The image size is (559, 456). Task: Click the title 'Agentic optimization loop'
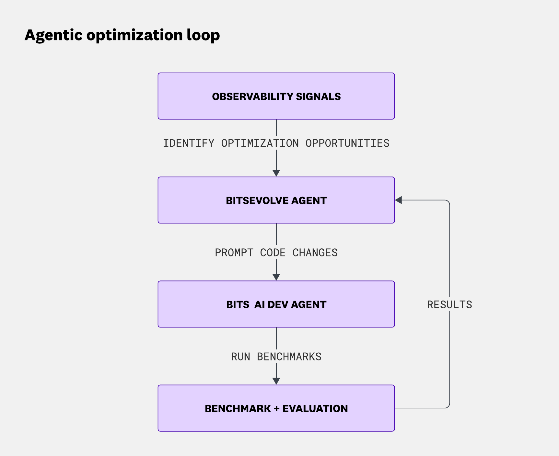[122, 35]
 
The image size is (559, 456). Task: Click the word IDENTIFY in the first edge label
[188, 143]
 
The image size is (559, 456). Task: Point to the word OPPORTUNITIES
[347, 143]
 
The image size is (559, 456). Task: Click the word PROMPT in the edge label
[234, 253]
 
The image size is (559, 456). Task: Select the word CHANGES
[315, 253]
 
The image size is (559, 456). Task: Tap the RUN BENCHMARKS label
[276, 357]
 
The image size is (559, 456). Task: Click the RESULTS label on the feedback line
[449, 305]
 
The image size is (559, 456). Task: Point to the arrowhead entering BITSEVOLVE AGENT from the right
[399, 200]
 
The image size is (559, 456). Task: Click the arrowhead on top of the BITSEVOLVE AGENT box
[276, 173]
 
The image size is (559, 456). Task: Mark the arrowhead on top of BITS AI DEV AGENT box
[276, 277]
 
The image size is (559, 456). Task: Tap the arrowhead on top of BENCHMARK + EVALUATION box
[276, 381]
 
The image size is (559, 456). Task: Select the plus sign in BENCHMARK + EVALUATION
[276, 409]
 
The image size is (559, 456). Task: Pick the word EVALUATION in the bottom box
[315, 409]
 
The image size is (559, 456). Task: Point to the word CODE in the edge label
[273, 253]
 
